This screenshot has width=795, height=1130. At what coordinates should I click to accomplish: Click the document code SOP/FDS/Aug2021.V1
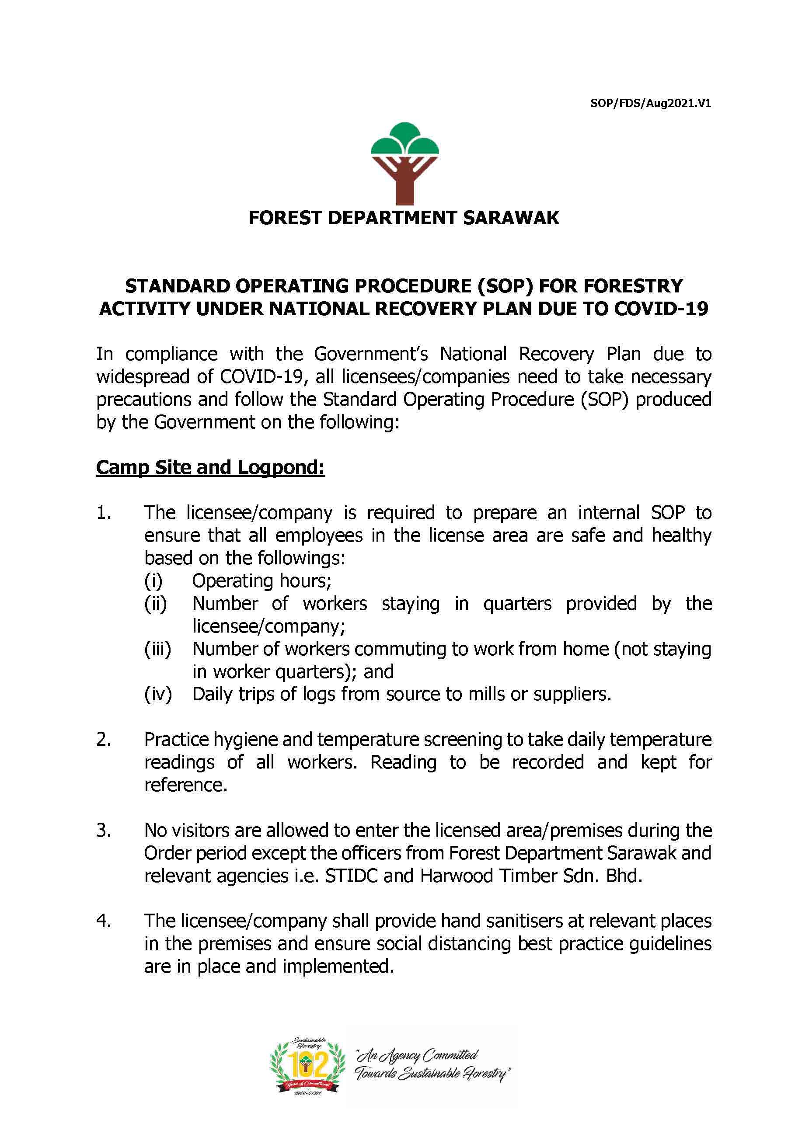tap(650, 104)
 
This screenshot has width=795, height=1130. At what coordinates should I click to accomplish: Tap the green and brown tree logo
tap(404, 163)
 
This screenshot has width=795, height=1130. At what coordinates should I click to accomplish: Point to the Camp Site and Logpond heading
tap(210, 467)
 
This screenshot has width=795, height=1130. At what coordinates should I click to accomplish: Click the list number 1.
tap(103, 513)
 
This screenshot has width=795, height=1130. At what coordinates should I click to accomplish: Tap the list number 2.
tap(103, 739)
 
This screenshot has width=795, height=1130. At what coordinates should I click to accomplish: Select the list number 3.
tap(103, 830)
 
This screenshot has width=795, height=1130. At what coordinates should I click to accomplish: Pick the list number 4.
tap(103, 921)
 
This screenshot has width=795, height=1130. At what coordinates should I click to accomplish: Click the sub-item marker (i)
tap(153, 581)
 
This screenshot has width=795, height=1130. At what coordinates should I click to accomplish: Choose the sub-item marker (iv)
tap(157, 695)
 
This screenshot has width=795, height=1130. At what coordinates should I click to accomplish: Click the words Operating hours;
tap(262, 581)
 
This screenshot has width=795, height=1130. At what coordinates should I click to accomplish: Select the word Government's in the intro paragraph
tap(371, 355)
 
